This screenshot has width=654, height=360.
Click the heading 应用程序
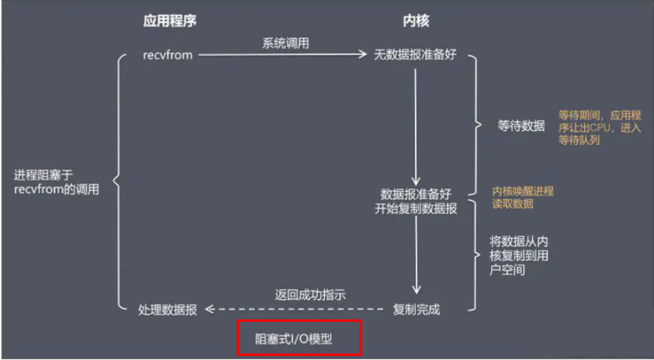coord(170,21)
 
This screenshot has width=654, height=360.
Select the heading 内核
coord(416,21)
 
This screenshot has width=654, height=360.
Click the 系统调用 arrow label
coord(285,43)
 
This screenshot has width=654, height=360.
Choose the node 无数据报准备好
coord(416,55)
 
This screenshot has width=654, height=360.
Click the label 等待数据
coord(521,126)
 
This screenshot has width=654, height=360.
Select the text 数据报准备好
coord(416,193)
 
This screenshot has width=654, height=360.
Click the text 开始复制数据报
coord(416,208)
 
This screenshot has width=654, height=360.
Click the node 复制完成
coord(416,309)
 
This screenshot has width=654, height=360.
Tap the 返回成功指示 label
coord(310,295)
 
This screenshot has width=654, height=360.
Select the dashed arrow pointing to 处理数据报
coord(294,309)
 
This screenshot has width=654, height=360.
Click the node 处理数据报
coord(168,310)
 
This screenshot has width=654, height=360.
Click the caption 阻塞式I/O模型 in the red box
coord(300,339)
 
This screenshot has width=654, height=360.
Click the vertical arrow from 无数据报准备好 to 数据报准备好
coord(416,125)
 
